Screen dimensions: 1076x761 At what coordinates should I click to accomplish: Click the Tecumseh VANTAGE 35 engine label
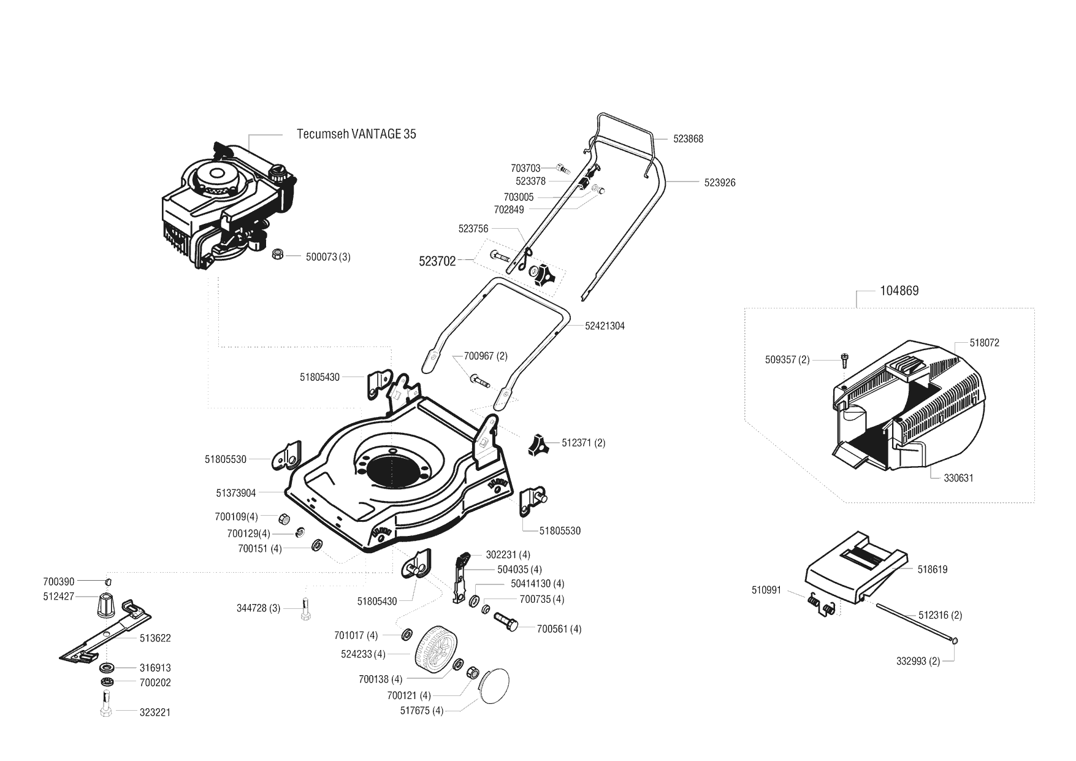pos(356,134)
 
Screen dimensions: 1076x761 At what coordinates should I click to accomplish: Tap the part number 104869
pos(899,291)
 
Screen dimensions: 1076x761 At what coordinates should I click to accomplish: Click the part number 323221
pos(155,713)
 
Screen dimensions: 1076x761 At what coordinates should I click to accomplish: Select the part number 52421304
pos(605,326)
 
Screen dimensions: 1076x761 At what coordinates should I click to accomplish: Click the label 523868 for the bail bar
pos(688,139)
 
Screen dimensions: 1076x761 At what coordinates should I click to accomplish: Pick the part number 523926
pos(720,183)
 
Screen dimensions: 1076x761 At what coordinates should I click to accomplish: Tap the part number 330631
pos(958,478)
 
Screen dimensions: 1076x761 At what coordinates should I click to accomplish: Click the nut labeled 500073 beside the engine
pos(277,254)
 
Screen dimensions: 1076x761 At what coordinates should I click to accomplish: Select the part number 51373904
pos(236,493)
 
